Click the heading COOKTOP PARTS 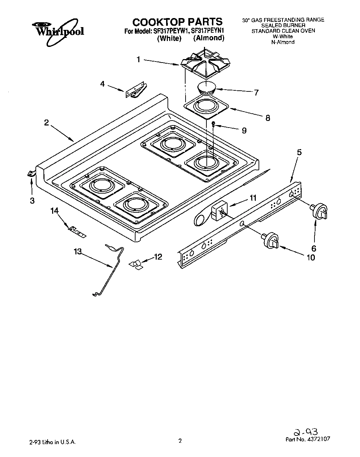pos(177,22)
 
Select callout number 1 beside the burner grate pos(138,60)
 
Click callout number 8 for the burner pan pos(268,118)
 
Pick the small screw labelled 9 pos(213,124)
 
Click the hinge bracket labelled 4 pos(136,90)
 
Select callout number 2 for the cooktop pos(47,123)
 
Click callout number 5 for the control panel pos(299,152)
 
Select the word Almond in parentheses pos(208,38)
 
